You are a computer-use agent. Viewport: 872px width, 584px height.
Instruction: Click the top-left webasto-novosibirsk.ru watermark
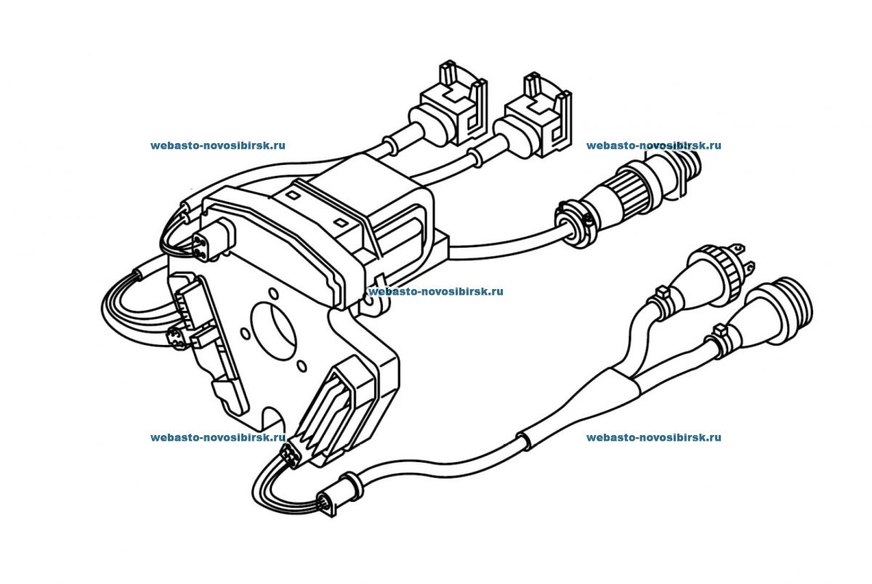click(217, 145)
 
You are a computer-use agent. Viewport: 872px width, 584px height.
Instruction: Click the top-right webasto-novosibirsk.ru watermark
click(653, 145)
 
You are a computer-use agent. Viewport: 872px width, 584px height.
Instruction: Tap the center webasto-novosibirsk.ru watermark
click(436, 291)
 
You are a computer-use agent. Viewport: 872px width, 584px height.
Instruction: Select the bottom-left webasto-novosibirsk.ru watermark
click(217, 437)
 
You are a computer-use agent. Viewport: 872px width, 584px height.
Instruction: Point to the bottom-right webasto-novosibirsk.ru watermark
click(653, 437)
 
